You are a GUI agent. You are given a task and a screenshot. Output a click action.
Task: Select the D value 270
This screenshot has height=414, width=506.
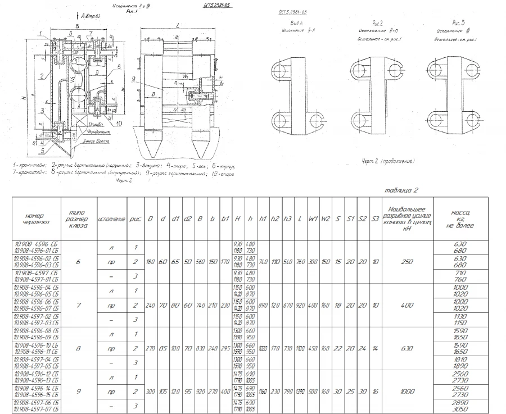[150, 348]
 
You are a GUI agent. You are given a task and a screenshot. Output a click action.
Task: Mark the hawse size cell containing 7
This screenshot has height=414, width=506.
[78, 305]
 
